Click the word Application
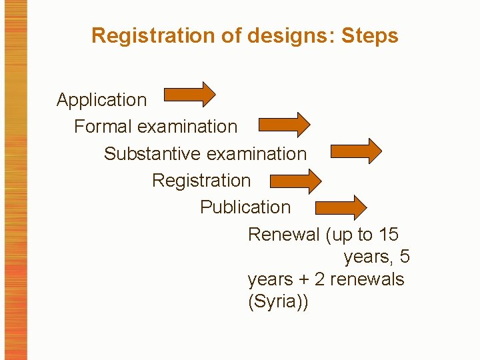pos(101,100)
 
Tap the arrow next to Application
pos(189,95)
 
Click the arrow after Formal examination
pos(283,124)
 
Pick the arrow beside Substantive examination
pos(356,151)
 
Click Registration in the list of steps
pos(201,181)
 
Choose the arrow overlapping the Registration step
pos(295,181)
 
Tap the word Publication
pos(245,207)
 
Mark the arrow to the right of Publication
pos(341,207)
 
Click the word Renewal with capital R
pos(284,235)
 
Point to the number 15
pos(388,235)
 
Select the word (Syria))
pos(278,301)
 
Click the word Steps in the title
pos(369,35)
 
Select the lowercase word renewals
pos(367,279)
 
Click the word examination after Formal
pos(194,127)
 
